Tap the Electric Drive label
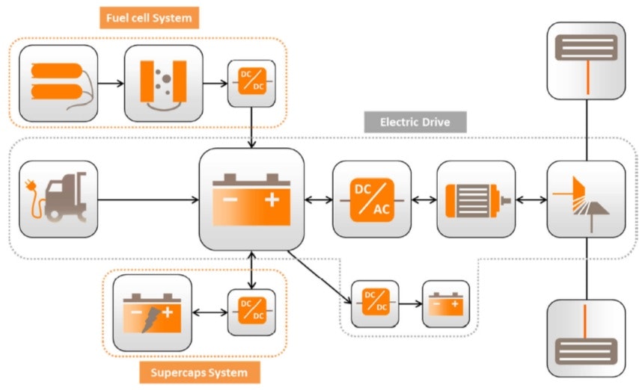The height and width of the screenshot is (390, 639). pos(415,121)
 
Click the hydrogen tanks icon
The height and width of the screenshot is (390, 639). pos(58,83)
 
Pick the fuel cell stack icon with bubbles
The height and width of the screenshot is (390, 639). pos(163,83)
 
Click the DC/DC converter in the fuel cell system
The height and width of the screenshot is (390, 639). pos(251,81)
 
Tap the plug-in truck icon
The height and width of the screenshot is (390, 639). pos(58,199)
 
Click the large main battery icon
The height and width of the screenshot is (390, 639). pos(251,199)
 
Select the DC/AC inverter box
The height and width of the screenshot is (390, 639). pos(371,199)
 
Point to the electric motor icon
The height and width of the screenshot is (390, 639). pos(475,199)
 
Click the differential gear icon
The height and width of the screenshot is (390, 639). pos(585,199)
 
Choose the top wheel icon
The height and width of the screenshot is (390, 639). pos(585,61)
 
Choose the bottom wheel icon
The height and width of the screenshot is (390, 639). pos(585,338)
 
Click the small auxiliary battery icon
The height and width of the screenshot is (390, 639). pos(446,303)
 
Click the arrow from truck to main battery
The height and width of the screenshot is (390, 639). pos(148,199)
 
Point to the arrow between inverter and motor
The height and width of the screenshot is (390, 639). pos(424,199)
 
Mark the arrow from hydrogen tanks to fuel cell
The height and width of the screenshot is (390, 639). pos(111,82)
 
